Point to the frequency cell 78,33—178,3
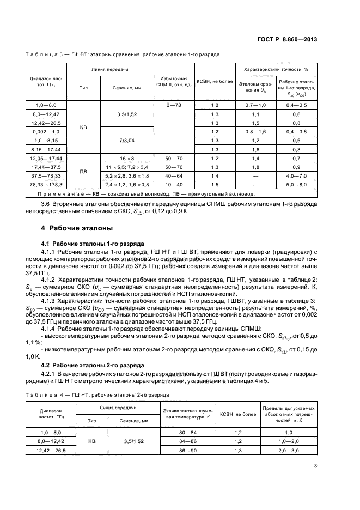pyautogui.click(x=46, y=185)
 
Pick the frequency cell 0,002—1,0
pyautogui.click(x=46, y=132)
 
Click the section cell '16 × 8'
pyautogui.click(x=127, y=158)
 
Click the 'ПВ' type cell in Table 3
pyautogui.click(x=83, y=172)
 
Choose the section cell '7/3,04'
pyautogui.click(x=127, y=141)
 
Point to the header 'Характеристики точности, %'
pyautogui.click(x=276, y=70)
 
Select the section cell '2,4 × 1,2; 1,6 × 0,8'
pyautogui.click(x=127, y=185)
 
